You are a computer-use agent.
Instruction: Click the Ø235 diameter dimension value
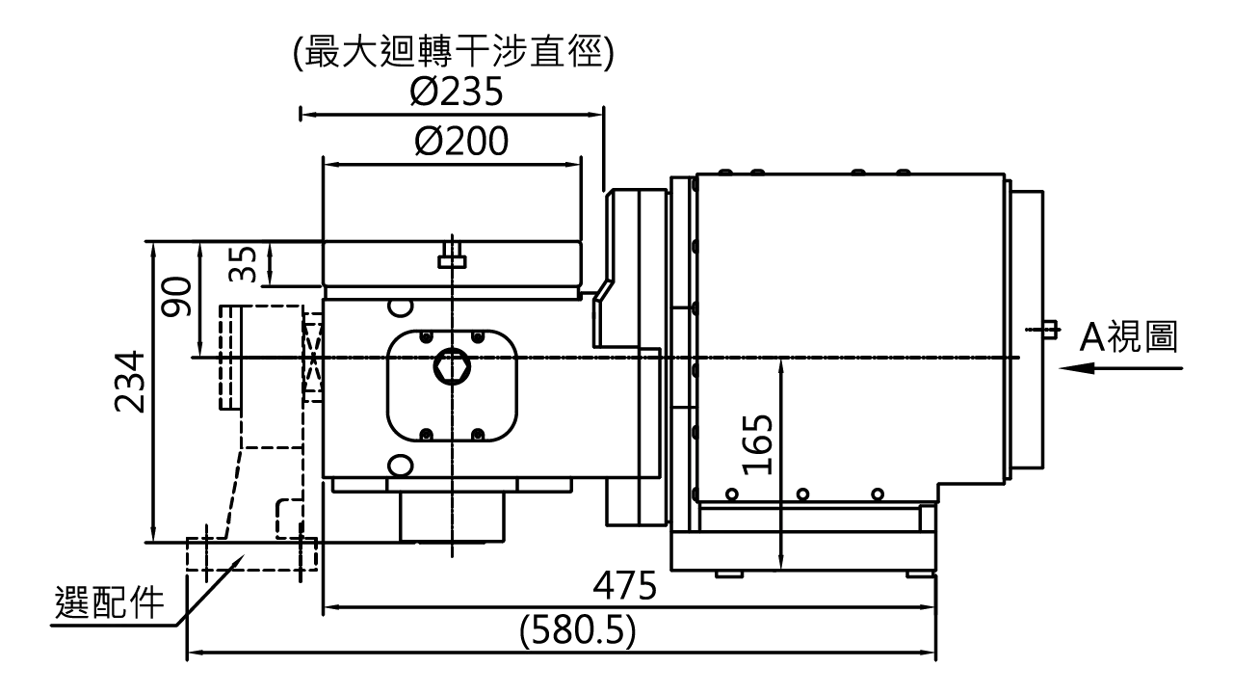pos(457,92)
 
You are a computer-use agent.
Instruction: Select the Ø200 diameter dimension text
pos(461,142)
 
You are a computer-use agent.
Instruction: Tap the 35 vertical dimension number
pos(243,264)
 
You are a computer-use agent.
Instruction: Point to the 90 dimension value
pos(176,296)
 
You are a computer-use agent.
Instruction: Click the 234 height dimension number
pos(130,381)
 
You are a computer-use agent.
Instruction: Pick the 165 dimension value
pos(758,444)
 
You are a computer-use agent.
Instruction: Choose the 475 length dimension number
pos(625,585)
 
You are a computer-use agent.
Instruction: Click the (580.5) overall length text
pos(578,630)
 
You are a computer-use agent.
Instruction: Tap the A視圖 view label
pos(1128,336)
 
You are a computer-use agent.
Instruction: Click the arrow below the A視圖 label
pos(1120,368)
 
